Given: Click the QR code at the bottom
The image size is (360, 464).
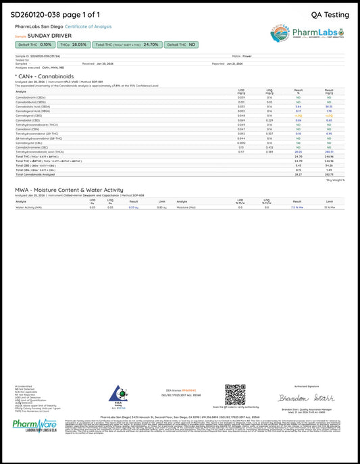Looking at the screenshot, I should [x=234, y=394].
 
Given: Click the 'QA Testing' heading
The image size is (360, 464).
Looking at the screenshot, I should [x=330, y=14].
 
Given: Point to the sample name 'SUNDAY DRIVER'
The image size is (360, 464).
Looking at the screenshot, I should [x=49, y=35].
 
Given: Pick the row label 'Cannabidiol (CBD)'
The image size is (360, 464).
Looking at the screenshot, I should [x=28, y=120].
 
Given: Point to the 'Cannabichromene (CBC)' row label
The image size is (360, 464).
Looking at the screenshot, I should [x=32, y=146].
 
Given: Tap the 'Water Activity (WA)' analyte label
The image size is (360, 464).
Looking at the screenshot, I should [x=29, y=207].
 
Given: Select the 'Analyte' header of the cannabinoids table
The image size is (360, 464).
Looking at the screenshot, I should [x=21, y=91].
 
